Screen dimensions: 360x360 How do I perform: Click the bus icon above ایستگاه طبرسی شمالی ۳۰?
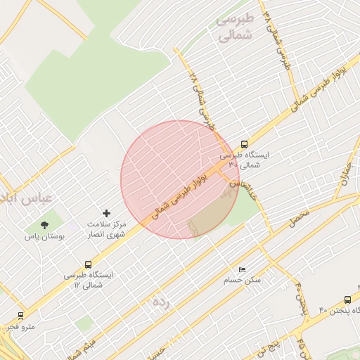coord(244,144)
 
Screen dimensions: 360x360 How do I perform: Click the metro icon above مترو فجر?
coord(20,316)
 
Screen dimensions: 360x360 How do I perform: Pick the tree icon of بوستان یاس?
coord(45,226)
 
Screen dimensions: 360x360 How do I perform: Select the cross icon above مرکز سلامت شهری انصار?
coord(107,212)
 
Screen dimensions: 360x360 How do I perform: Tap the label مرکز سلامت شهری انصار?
coord(107,229)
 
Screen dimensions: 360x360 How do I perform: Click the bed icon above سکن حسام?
coord(242,269)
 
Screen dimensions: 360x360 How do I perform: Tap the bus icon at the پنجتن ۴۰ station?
coord(348,300)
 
